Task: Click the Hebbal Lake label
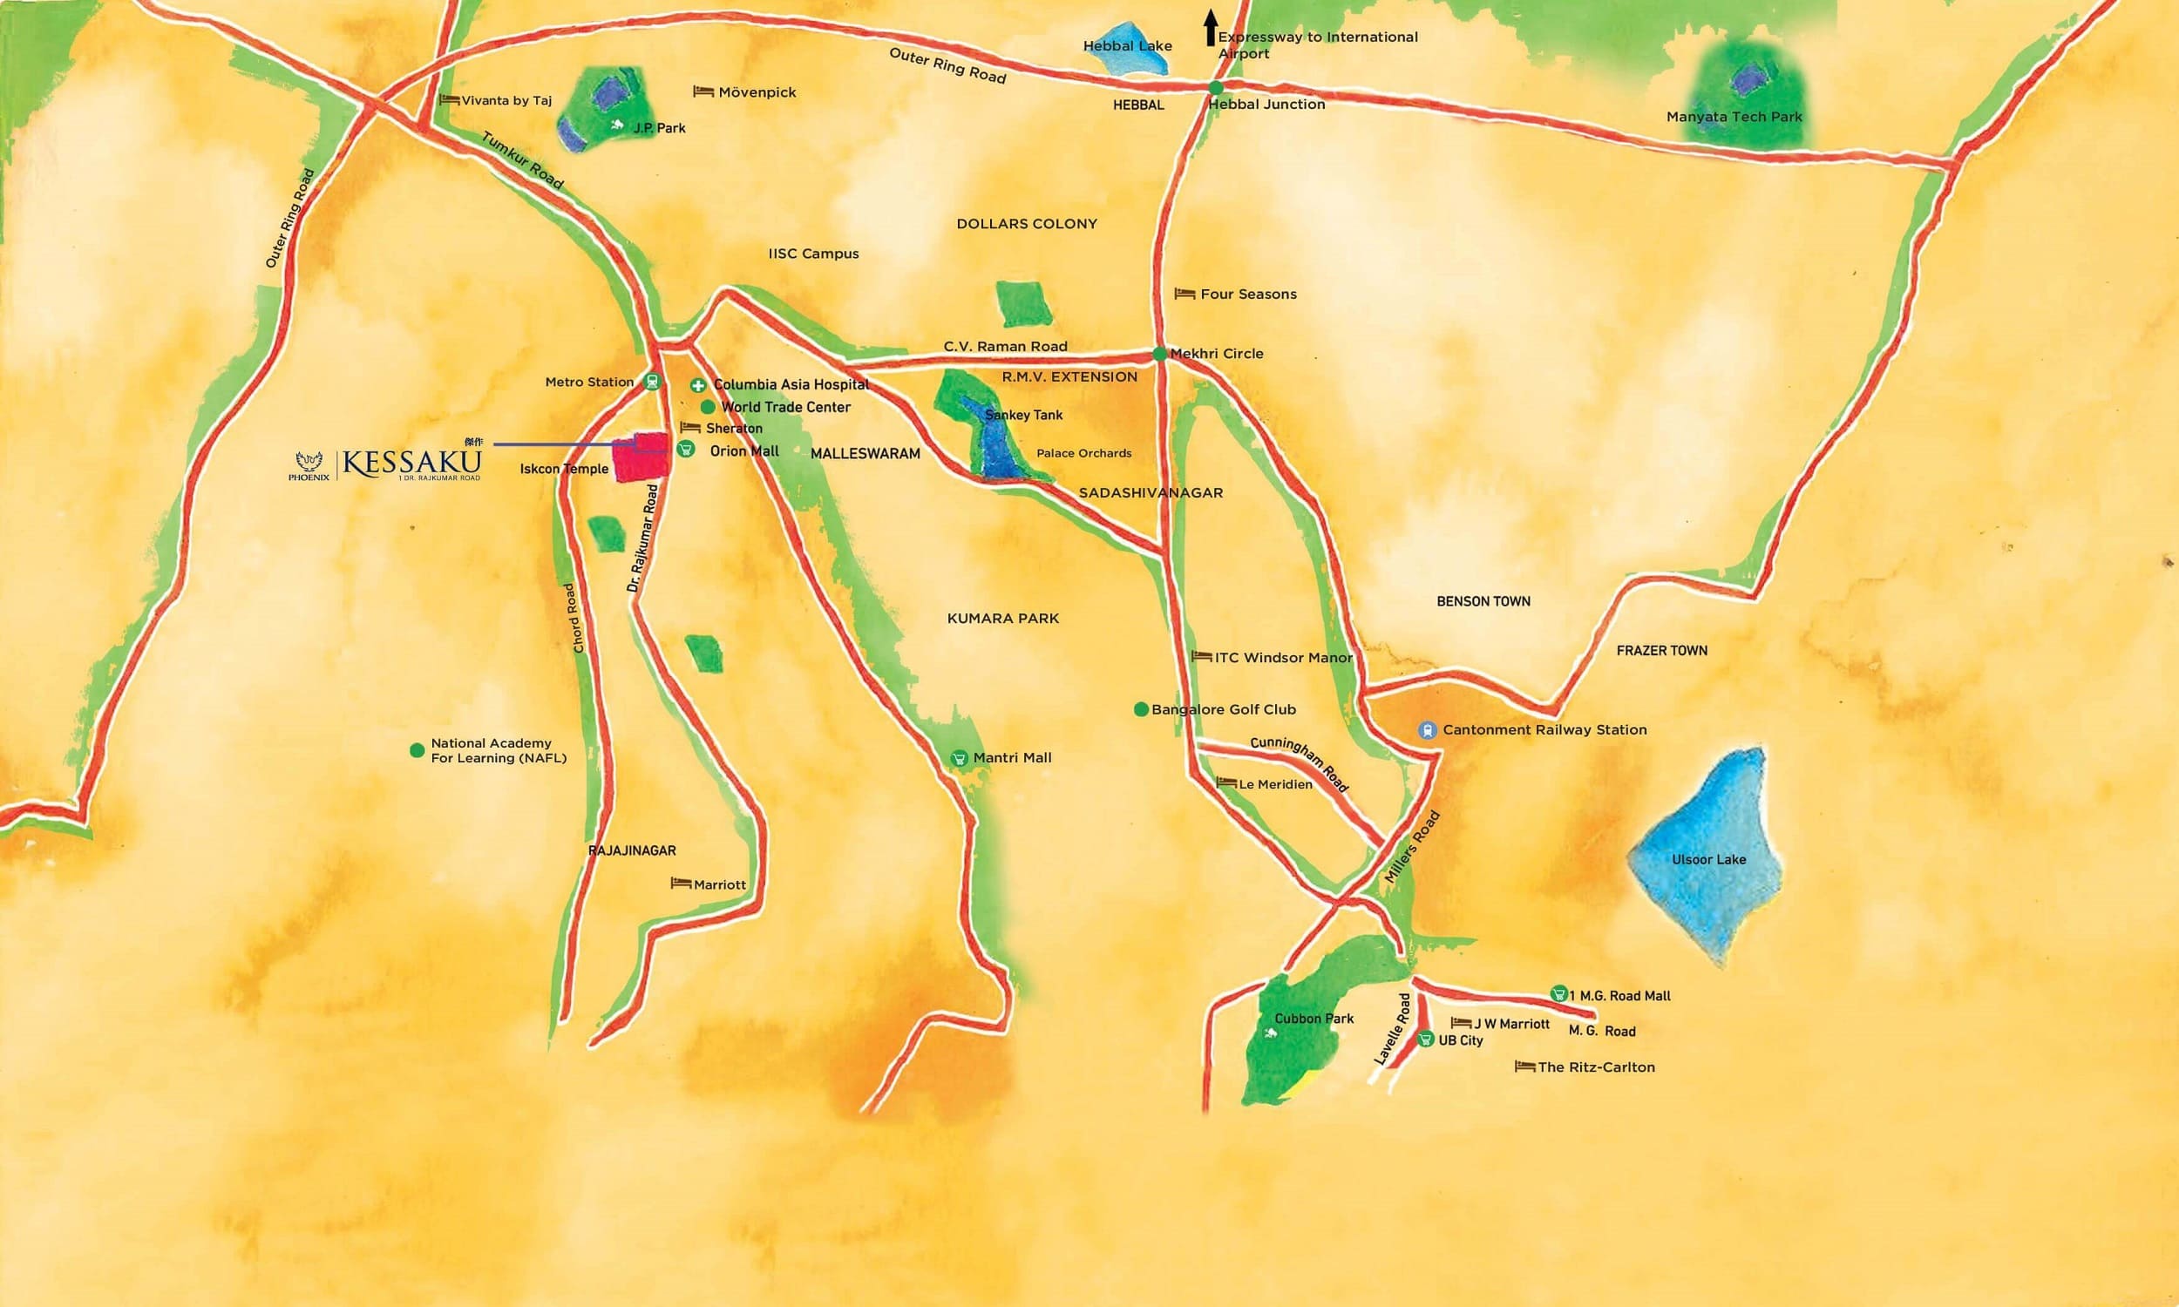tap(1127, 46)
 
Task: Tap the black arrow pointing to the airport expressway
tap(1211, 27)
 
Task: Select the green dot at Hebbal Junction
tap(1216, 87)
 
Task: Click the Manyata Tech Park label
tap(1734, 116)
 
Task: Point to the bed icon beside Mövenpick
tap(703, 91)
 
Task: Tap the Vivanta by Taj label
tap(506, 100)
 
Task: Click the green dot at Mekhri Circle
tap(1160, 354)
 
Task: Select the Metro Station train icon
tap(651, 383)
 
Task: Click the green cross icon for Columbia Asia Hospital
tap(697, 385)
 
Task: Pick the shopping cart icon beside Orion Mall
tap(686, 449)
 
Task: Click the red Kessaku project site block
tap(640, 458)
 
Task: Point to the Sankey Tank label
tap(1023, 415)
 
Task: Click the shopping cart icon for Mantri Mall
tap(959, 757)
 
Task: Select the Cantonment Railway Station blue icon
tap(1426, 730)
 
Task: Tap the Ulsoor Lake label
tap(1707, 860)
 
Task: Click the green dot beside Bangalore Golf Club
tap(1141, 709)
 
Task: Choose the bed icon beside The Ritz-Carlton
tap(1524, 1067)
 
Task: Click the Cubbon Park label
tap(1314, 1018)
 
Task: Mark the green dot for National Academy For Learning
tap(417, 750)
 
